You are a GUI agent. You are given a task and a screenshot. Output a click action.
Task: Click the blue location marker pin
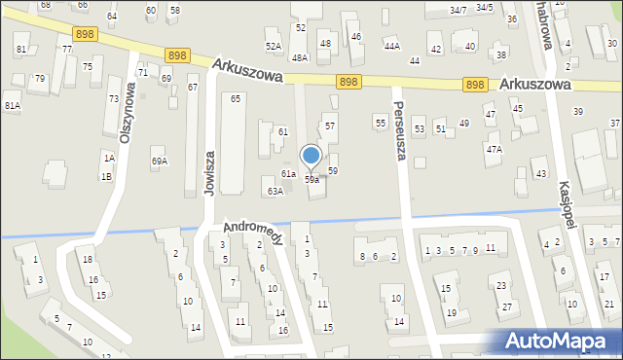pos(311,156)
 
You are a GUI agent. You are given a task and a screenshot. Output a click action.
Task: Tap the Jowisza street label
pos(208,173)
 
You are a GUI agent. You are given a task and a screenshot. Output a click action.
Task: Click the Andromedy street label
pos(253,233)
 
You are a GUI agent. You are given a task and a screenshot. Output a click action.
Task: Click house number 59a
pos(311,180)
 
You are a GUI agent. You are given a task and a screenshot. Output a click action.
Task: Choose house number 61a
pos(288,174)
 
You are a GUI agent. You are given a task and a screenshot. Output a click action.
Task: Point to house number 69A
pos(159,162)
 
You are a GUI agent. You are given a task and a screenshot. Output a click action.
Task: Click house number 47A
pos(495,149)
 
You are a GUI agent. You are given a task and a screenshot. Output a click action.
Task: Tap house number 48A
pos(300,58)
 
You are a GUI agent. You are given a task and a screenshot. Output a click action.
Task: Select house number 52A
pos(274,46)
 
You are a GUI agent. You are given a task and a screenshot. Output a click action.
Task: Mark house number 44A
pos(391,46)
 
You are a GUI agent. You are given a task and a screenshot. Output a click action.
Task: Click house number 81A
pos(12,105)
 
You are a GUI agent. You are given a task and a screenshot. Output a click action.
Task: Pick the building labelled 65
pos(235,99)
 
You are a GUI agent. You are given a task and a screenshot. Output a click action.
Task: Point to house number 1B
pos(106,176)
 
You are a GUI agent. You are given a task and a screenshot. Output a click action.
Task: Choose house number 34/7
pos(458,10)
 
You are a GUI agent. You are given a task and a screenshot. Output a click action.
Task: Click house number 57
pos(330,126)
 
